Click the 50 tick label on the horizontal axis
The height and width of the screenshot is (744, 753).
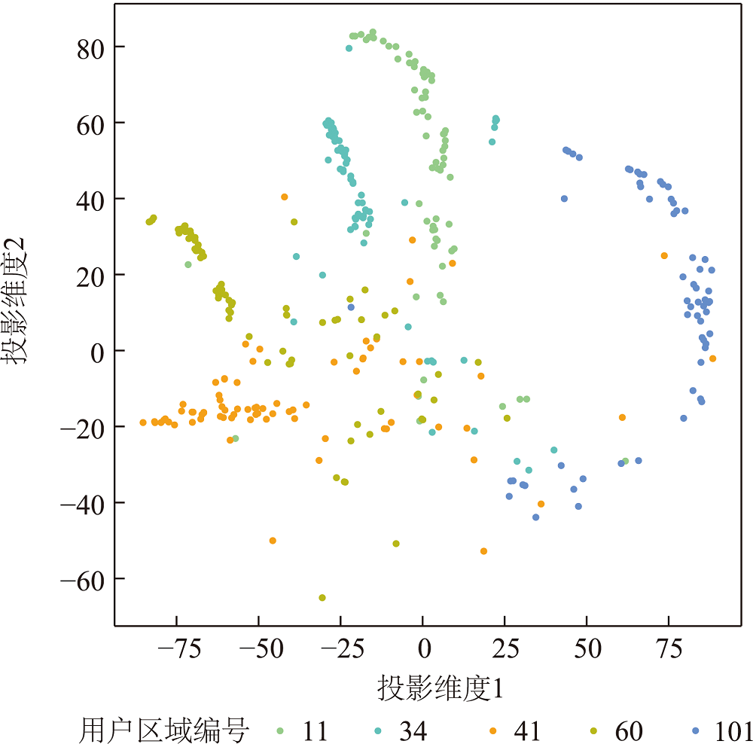(x=586, y=650)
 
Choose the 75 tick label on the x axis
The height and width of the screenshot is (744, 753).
(x=668, y=650)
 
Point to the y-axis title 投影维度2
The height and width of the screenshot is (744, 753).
(x=17, y=301)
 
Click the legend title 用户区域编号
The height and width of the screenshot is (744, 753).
(x=164, y=730)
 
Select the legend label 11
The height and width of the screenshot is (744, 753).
(x=316, y=730)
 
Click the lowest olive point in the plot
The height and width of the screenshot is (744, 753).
(x=322, y=598)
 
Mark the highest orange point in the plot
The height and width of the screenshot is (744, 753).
(x=285, y=197)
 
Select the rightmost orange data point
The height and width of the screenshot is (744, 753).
(x=712, y=358)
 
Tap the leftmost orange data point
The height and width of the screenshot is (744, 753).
(x=143, y=422)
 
